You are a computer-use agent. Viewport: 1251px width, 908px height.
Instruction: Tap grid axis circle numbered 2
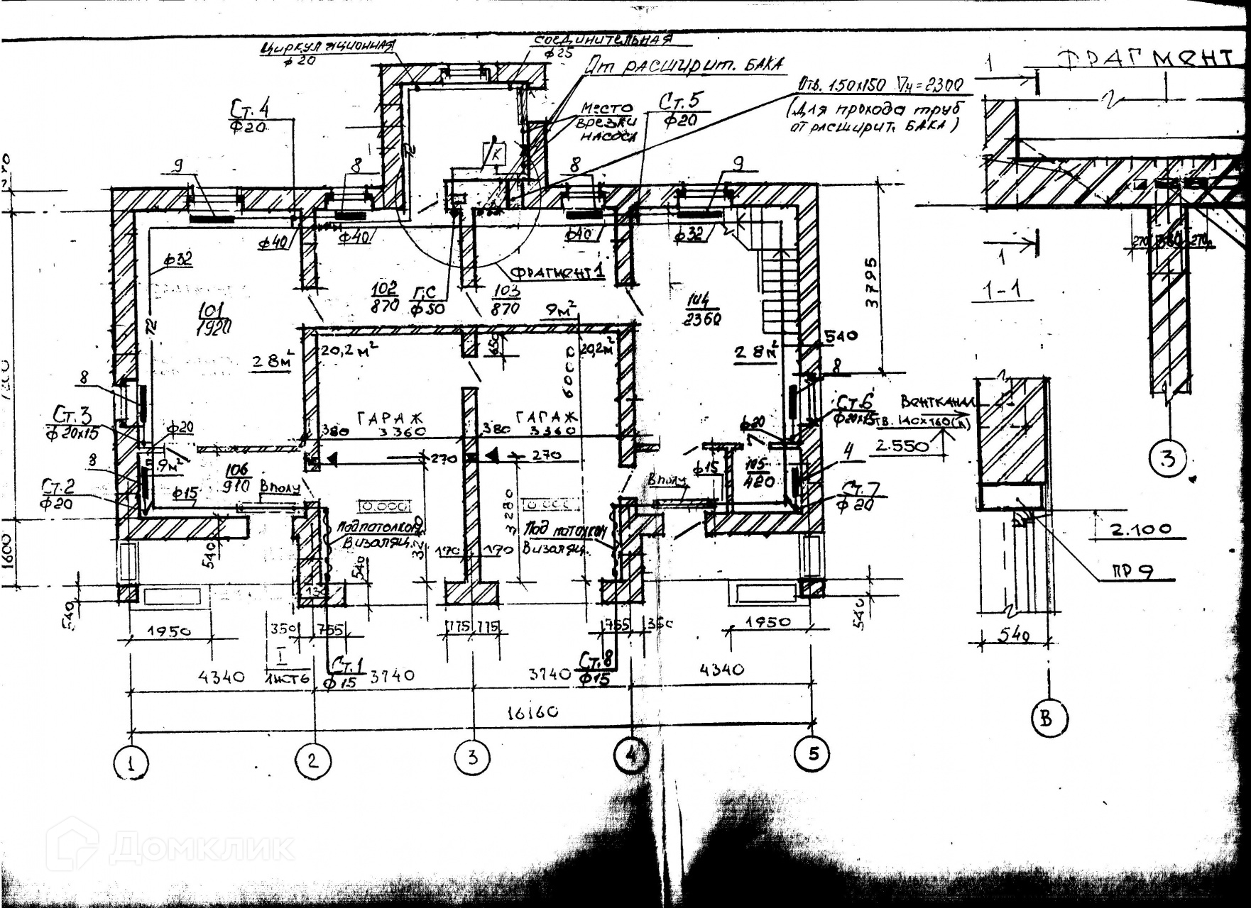tap(313, 761)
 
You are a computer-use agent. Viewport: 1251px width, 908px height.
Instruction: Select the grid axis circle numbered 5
tap(813, 753)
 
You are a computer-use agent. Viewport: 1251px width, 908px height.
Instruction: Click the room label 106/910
tap(238, 478)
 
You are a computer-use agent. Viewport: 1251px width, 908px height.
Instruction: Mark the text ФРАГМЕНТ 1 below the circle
tap(557, 272)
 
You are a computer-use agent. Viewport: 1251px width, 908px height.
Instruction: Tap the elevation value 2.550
tap(902, 445)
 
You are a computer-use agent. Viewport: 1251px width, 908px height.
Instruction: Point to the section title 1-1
tap(1003, 290)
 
